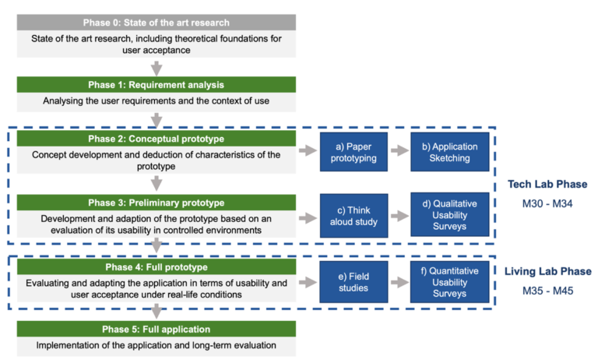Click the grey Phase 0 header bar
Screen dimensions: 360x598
pos(156,22)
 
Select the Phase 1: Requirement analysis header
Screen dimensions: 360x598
pos(156,84)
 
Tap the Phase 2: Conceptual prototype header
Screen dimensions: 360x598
pos(156,139)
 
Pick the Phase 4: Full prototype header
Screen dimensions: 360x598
pos(156,266)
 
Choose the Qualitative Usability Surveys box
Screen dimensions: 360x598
pos(444,215)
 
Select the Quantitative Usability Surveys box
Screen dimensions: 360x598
pos(444,281)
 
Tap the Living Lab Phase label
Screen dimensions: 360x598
pos(547,271)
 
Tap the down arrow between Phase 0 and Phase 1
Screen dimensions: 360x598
pos(157,67)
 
